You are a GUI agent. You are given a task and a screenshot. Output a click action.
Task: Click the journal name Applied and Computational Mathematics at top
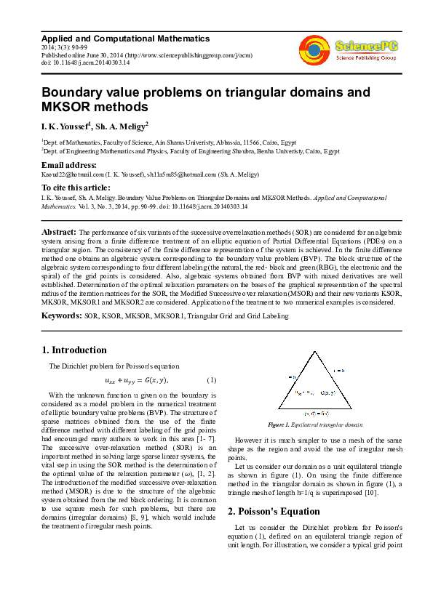[125, 39]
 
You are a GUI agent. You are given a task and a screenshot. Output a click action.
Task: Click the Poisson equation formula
[136, 380]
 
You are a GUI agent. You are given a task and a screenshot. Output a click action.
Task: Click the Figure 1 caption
[325, 423]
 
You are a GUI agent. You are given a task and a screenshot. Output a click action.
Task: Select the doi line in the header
[85, 63]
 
